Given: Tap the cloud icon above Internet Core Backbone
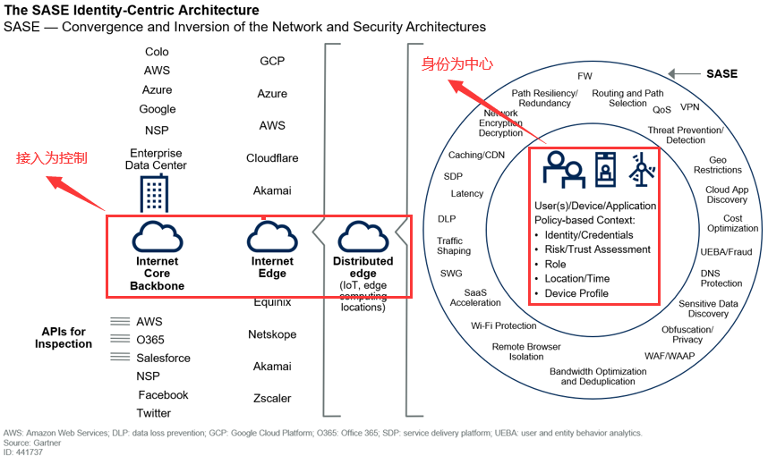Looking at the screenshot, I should [158, 237].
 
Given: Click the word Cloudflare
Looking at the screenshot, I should [272, 158].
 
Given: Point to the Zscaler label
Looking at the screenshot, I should [272, 398].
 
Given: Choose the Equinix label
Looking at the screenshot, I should [272, 302].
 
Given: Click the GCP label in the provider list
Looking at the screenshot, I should [271, 61].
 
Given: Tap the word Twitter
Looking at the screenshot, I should [154, 413].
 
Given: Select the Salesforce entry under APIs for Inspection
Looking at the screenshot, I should [163, 358].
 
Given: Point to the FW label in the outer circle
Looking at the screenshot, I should [585, 76].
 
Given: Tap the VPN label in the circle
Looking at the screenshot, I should [689, 107].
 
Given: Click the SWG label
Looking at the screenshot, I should [451, 274].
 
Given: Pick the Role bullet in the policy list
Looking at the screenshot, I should [556, 265].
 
